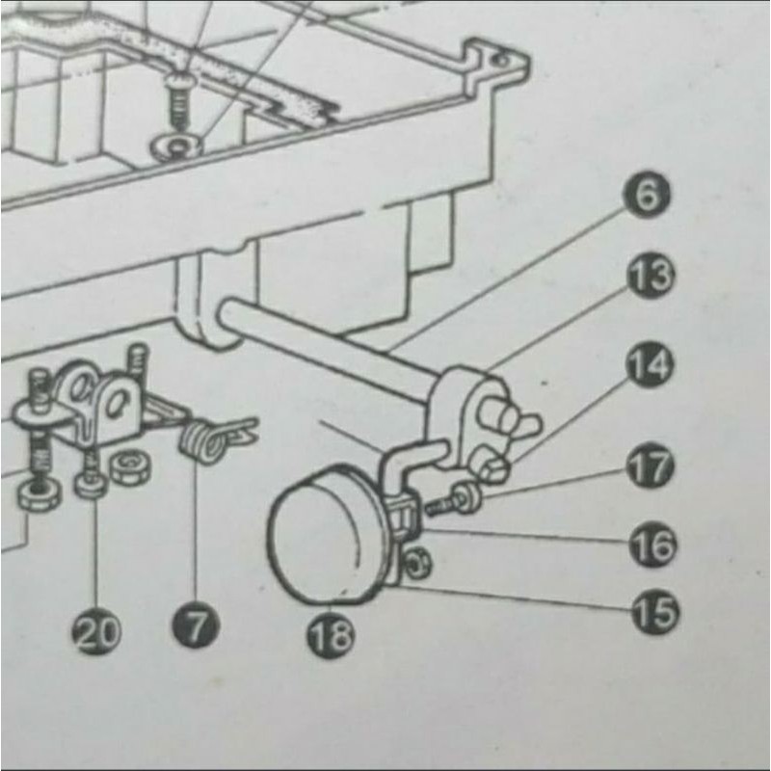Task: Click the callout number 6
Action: [x=651, y=197]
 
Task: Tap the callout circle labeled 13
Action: [x=651, y=278]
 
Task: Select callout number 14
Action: [x=651, y=366]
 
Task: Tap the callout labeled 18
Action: [x=331, y=633]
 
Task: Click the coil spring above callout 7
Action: [x=200, y=442]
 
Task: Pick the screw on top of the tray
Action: [x=179, y=100]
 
